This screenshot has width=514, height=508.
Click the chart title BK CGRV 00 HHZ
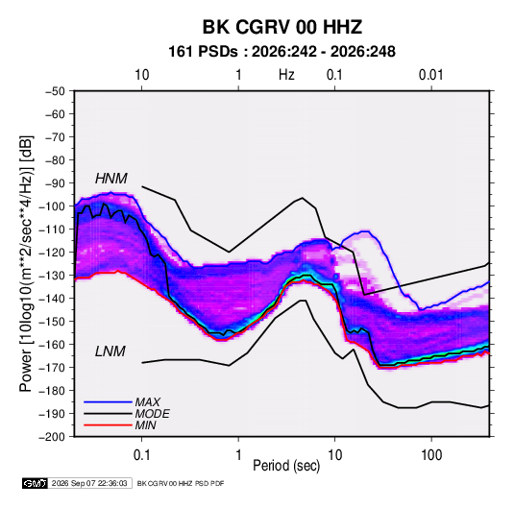pos(282,27)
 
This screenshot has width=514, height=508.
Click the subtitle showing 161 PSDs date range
pos(281,52)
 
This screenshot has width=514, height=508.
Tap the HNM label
pos(111,179)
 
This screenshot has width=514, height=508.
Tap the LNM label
pos(110,351)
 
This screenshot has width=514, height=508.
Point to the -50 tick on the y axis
pos(55,91)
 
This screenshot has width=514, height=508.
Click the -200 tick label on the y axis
pos(52,437)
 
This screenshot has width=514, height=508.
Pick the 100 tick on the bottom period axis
pos(431,455)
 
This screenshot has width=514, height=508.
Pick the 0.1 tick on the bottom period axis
pos(141,455)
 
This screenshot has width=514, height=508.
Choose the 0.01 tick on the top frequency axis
pos(430,75)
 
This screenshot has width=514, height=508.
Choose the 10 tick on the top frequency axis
pos(142,75)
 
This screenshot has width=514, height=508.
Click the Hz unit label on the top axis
pos(286,75)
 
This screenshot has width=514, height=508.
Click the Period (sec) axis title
pos(286,466)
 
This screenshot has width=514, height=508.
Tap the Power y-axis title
pos(26,264)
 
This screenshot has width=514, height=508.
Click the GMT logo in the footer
pos(36,483)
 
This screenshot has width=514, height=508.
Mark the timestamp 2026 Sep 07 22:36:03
pos(89,483)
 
